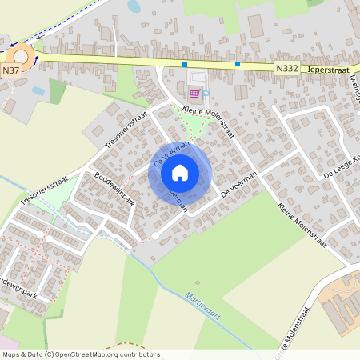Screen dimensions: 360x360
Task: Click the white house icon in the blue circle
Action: [180, 172]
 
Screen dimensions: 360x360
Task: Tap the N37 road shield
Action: [10, 70]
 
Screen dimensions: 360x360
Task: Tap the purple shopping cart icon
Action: [193, 93]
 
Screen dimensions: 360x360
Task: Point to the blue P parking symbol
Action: [206, 93]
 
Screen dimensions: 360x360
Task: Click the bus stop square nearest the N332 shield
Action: [238, 64]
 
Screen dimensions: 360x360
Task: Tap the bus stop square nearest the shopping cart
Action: [185, 64]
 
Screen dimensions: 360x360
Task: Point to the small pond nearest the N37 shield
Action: [38, 90]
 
